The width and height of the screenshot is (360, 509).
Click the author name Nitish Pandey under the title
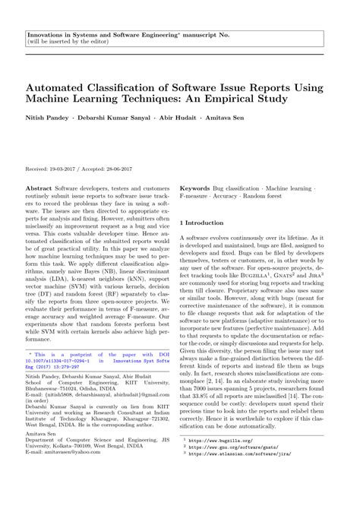47,119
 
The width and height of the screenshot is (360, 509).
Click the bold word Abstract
39,186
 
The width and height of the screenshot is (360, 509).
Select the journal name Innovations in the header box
47,35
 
